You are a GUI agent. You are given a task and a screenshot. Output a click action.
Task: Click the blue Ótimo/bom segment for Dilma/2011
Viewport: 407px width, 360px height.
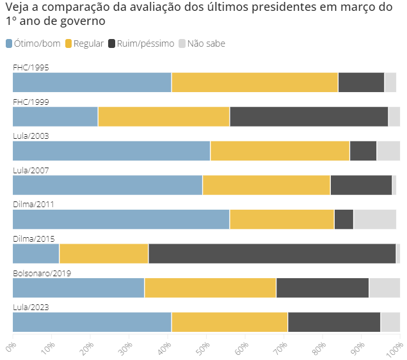click(121, 219)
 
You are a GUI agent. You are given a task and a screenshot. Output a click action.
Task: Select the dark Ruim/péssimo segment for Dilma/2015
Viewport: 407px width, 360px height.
click(272, 253)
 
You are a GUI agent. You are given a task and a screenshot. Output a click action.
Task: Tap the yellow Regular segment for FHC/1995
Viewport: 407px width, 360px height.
click(255, 82)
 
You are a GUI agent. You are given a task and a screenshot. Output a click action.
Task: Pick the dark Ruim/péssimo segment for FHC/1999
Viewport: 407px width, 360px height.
click(308, 116)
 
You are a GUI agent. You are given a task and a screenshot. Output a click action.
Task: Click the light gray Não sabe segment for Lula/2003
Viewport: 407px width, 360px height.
click(388, 151)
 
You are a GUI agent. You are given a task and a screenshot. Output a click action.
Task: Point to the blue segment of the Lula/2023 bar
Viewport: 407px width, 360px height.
click(92, 322)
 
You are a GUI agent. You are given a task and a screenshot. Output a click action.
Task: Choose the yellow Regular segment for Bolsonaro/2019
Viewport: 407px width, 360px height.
click(210, 288)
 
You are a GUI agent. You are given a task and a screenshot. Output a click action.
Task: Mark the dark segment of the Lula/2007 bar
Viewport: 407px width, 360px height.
click(361, 185)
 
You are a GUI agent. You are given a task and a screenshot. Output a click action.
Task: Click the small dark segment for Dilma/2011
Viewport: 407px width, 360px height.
click(344, 219)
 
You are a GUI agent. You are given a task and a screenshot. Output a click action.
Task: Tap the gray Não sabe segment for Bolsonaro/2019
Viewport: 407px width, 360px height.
click(384, 288)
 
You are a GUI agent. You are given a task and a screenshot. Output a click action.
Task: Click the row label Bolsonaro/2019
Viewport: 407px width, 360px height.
click(42, 273)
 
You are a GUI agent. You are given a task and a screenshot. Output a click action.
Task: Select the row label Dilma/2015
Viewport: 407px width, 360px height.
click(33, 239)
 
